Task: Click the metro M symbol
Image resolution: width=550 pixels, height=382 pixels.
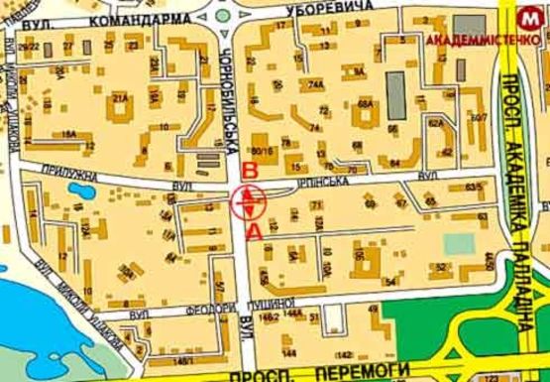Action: pyautogui.click(x=532, y=17)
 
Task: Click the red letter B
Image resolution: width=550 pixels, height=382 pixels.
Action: pyautogui.click(x=251, y=172)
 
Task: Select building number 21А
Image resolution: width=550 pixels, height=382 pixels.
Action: pyautogui.click(x=122, y=99)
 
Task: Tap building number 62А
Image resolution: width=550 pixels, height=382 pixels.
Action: pyautogui.click(x=435, y=124)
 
